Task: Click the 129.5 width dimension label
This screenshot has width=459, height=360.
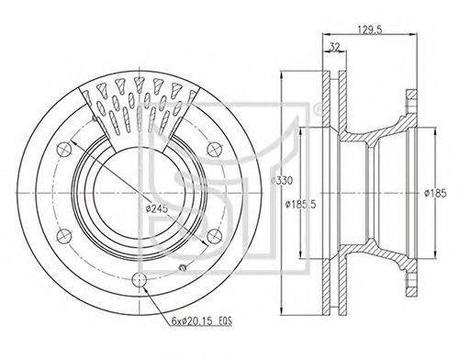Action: (370, 29)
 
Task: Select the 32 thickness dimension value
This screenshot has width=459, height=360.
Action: (335, 47)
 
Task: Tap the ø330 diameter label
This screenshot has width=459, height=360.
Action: (282, 181)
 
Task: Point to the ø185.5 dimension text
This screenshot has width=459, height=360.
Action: (300, 204)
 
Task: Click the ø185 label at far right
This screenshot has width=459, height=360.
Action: (435, 193)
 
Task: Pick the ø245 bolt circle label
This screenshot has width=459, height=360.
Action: (157, 208)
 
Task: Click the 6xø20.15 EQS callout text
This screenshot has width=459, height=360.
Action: (201, 321)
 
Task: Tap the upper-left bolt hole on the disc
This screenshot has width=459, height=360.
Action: (64, 150)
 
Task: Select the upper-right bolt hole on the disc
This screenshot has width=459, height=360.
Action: (214, 150)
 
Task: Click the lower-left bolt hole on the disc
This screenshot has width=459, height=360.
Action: (64, 236)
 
